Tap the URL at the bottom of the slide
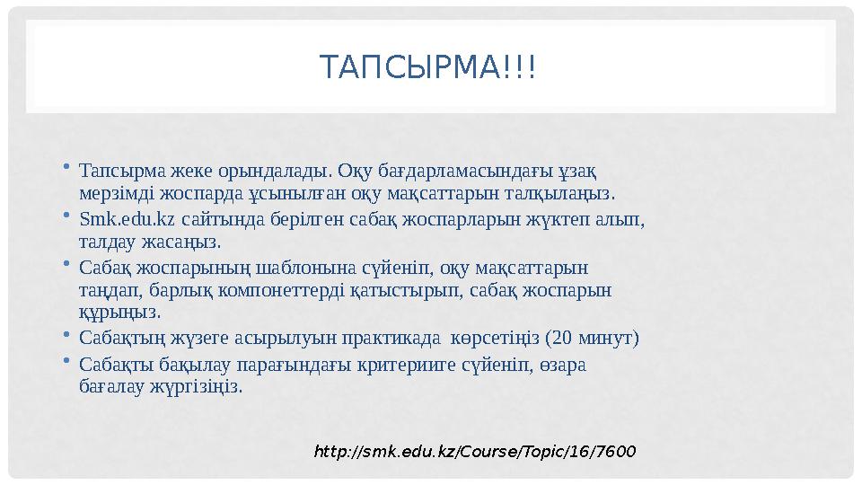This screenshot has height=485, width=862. point(474,450)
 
